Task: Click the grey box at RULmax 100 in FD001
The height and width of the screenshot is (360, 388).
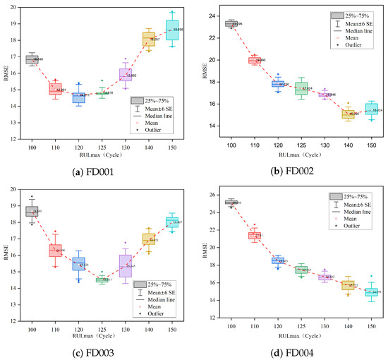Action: coord(32,59)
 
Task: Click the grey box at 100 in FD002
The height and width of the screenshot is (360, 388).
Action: coord(231,23)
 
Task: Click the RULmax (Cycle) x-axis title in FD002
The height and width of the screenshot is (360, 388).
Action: coord(301,154)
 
